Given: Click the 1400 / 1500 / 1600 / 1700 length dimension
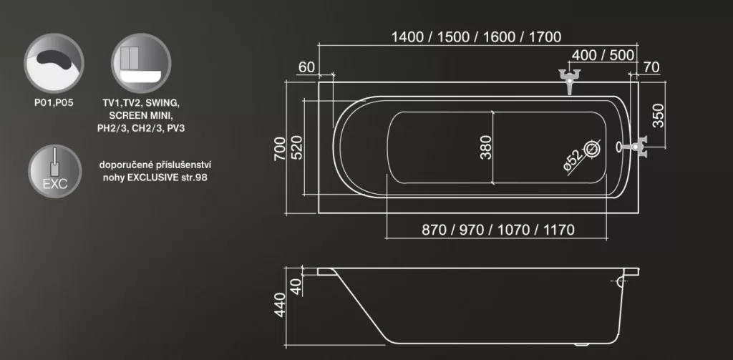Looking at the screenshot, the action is coord(476,37).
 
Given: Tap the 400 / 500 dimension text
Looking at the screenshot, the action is coord(603,55).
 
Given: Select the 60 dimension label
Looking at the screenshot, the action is coord(306,67).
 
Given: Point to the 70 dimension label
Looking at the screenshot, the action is coord(651,67).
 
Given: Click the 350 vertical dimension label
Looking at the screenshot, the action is coord(658,115).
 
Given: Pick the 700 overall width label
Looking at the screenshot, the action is coord(280,149).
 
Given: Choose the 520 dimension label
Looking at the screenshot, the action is coord(296,147).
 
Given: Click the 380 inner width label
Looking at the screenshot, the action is coord(486,147).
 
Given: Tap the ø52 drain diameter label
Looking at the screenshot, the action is coord(573,160).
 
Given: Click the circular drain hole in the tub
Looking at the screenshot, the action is coord(592,149).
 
